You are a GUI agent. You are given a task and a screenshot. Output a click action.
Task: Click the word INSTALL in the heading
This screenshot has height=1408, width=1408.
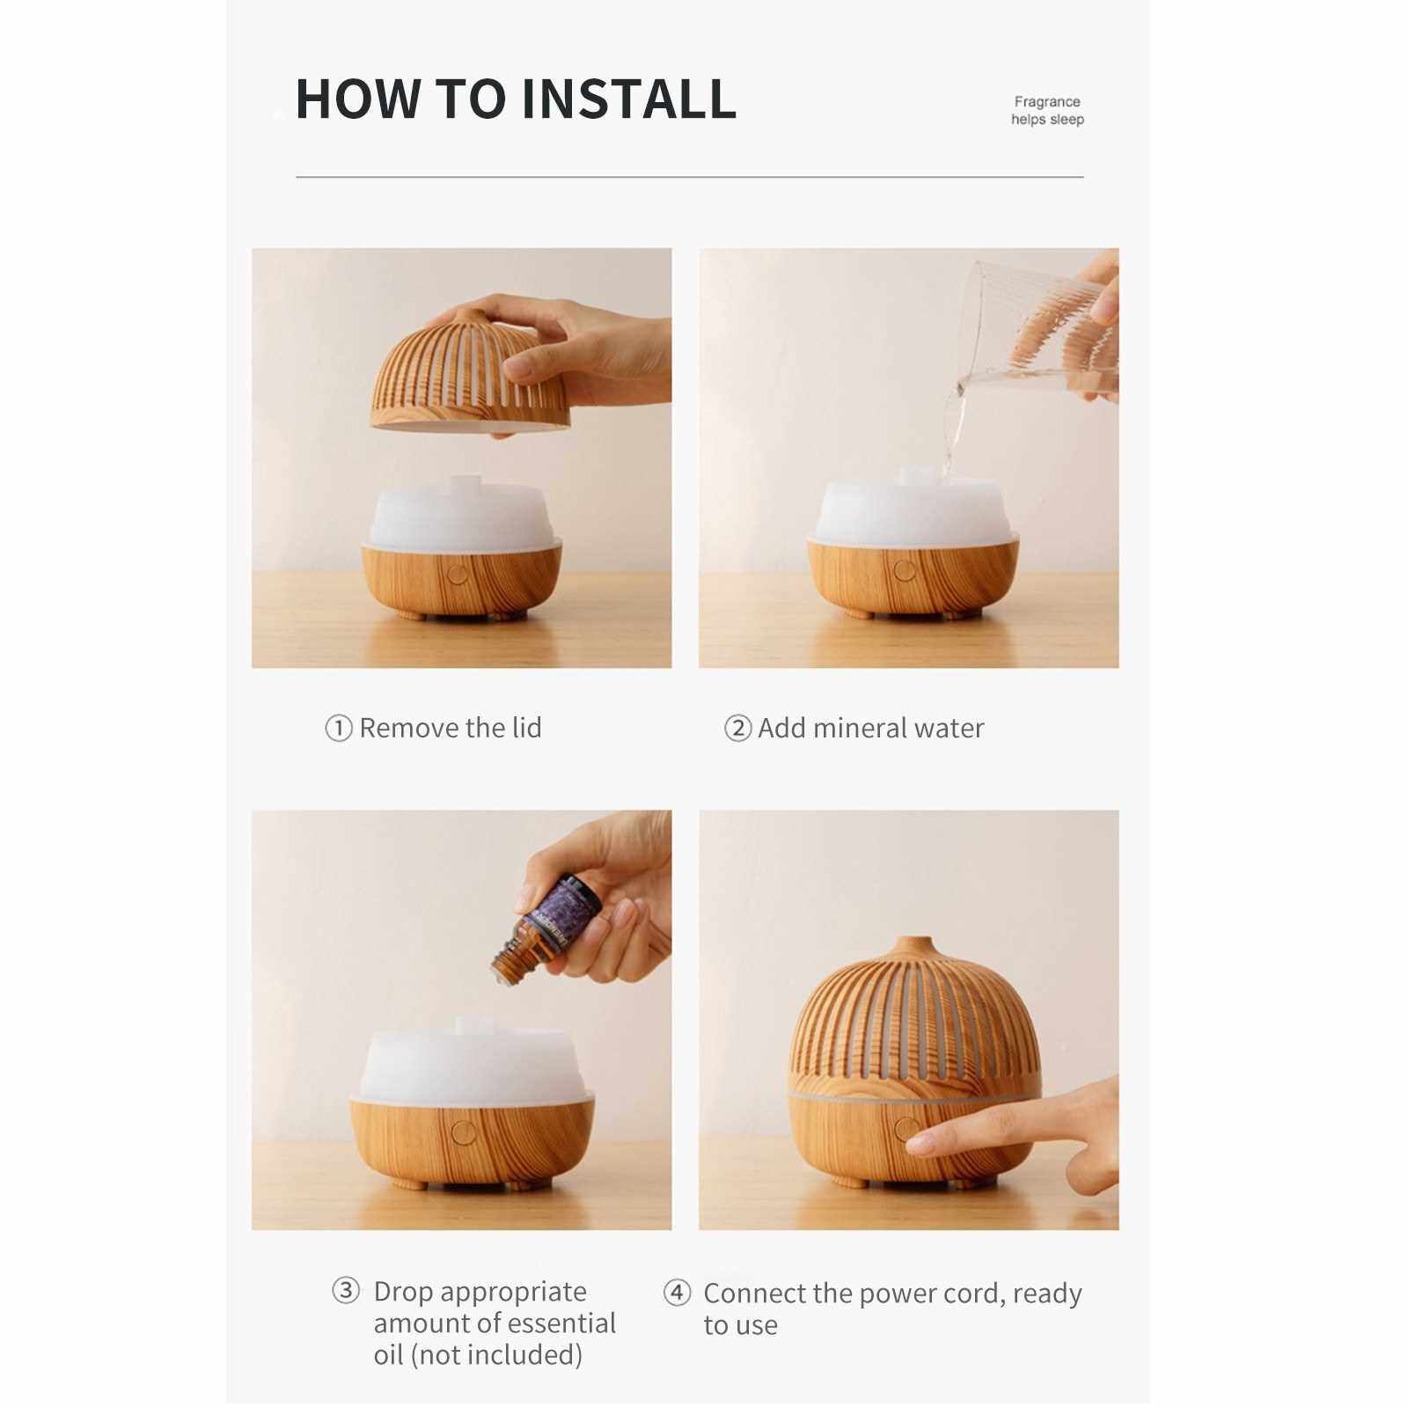tap(629, 99)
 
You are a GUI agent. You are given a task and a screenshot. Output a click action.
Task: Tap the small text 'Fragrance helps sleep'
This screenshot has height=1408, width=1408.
tap(1047, 111)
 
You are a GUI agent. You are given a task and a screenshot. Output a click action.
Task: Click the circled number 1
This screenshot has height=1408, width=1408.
tap(339, 729)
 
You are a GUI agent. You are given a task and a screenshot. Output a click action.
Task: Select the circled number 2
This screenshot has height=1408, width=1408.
tap(737, 729)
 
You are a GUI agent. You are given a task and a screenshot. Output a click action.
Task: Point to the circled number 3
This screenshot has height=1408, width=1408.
tap(346, 1291)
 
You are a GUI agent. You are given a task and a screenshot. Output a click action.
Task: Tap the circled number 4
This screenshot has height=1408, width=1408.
tap(677, 1293)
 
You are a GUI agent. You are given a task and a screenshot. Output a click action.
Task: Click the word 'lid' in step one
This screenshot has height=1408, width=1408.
tap(527, 728)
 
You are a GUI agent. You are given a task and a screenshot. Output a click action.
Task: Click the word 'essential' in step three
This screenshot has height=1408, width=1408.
tap(560, 1323)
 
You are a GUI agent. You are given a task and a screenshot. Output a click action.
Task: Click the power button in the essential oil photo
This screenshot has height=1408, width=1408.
tap(459, 1132)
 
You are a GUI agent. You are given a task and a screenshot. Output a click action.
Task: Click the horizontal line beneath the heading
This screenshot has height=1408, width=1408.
tap(690, 177)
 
